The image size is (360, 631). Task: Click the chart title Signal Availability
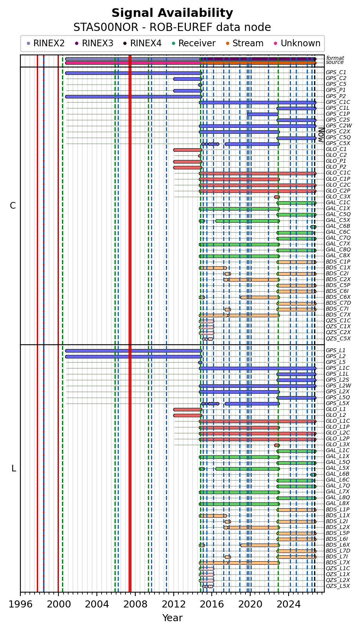pyautogui.click(x=172, y=13)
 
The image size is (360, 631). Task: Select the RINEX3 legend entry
pyautogui.click(x=94, y=44)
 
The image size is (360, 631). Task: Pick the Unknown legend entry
pyautogui.click(x=297, y=44)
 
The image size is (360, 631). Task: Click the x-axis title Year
pyautogui.click(x=173, y=618)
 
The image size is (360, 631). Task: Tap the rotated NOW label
pyautogui.click(x=322, y=135)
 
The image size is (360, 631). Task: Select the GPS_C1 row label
pyautogui.click(x=336, y=73)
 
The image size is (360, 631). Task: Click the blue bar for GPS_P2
pyautogui.click(x=133, y=96)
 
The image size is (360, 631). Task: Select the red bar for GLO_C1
pyautogui.click(x=187, y=150)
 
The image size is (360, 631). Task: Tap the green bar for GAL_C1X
pyautogui.click(x=239, y=209)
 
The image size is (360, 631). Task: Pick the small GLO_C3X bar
pyautogui.click(x=277, y=197)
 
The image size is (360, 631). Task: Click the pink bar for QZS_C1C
pyautogui.click(x=207, y=321)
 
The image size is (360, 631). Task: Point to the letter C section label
pyautogui.click(x=13, y=206)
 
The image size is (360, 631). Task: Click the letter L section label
pyautogui.click(x=13, y=469)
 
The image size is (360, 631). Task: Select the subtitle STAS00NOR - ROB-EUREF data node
pyautogui.click(x=172, y=27)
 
